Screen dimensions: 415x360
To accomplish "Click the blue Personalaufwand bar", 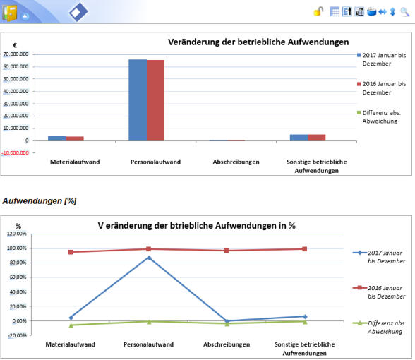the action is click(138, 100).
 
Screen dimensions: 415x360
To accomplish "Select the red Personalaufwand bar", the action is click(155, 100).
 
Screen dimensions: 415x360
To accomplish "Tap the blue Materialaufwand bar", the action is click(57, 138).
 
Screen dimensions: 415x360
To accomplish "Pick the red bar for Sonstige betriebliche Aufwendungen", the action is click(317, 138).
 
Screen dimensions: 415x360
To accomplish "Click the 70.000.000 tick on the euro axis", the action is click(16, 54).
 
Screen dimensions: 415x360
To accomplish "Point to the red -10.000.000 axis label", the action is click(15, 153).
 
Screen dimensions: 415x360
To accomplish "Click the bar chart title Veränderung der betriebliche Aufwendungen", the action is click(258, 42).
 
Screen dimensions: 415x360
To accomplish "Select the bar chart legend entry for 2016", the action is click(381, 88).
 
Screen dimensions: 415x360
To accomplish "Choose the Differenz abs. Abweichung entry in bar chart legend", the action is click(379, 116).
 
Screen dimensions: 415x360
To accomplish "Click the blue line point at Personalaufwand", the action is click(149, 258).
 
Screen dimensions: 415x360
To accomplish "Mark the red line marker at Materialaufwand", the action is click(71, 252).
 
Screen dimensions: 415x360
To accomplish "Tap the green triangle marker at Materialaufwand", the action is click(71, 325).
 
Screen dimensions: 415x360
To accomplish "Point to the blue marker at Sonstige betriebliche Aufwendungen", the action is click(305, 316).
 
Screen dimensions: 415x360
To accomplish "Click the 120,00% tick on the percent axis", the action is click(17, 234).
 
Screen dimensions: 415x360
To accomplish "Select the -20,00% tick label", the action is click(18, 336).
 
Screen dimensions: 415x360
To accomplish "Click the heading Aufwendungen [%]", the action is click(40, 201).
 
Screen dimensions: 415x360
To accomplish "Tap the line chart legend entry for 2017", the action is click(379, 257).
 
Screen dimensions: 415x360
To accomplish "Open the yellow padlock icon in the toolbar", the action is click(319, 11).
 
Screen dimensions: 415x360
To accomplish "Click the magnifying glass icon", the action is click(405, 12).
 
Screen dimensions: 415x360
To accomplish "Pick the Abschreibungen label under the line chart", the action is click(227, 344).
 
